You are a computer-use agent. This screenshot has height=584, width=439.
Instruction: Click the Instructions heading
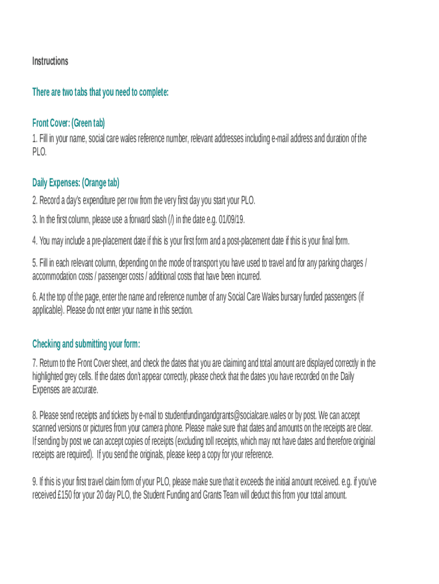[x=50, y=61]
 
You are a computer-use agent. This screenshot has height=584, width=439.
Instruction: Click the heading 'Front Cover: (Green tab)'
[x=68, y=123]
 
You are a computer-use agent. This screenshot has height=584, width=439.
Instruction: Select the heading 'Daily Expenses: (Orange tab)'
[x=75, y=183]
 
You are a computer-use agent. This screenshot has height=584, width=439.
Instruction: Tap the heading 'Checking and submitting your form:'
[x=86, y=344]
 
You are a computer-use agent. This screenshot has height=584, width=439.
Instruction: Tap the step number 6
[x=34, y=297]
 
